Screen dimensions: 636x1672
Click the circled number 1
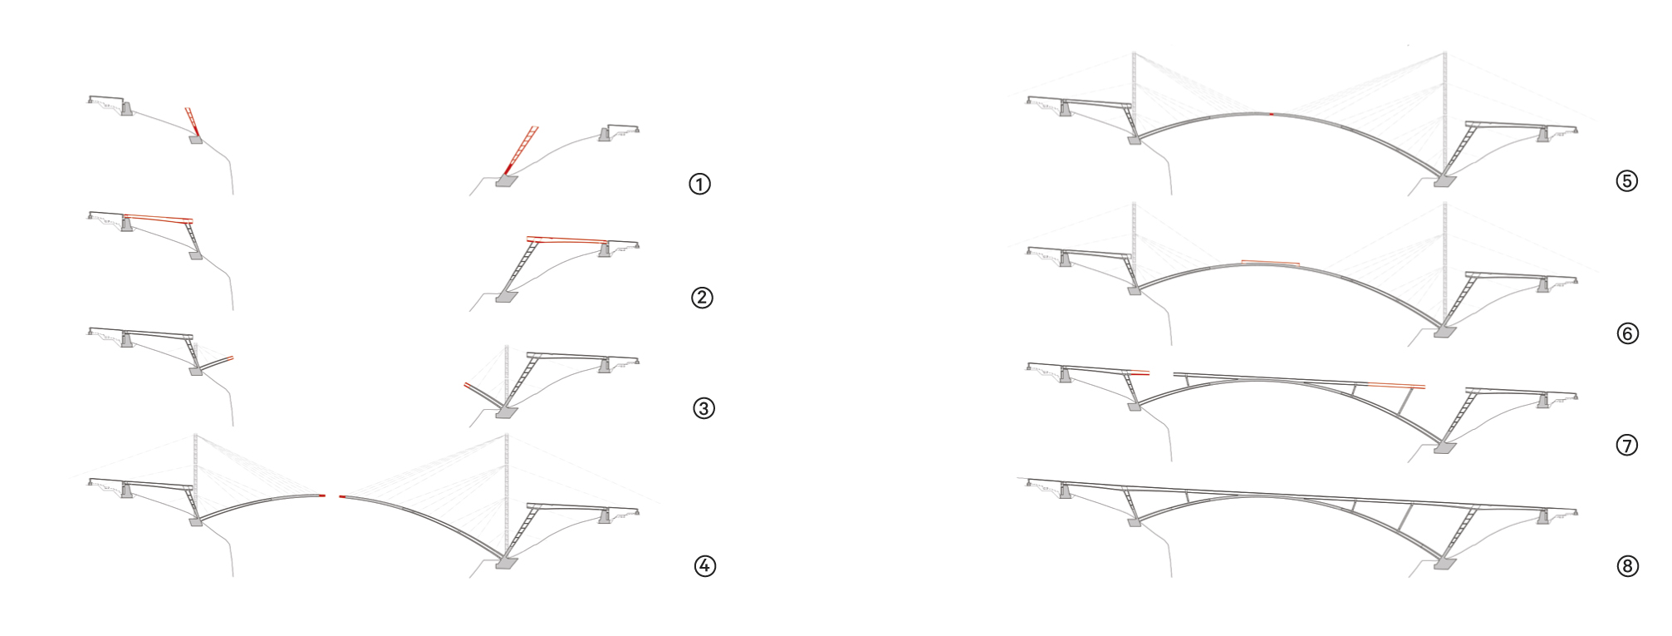pyautogui.click(x=699, y=184)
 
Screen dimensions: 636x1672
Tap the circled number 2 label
pyautogui.click(x=702, y=297)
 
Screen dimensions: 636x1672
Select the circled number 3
pyautogui.click(x=704, y=408)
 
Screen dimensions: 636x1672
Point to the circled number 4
pyautogui.click(x=704, y=566)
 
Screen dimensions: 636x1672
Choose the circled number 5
pyautogui.click(x=1626, y=180)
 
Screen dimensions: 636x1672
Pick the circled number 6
pyautogui.click(x=1627, y=333)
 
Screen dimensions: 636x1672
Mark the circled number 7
pyautogui.click(x=1626, y=446)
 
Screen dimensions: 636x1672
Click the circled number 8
pyautogui.click(x=1627, y=566)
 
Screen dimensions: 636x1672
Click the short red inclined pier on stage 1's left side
pyautogui.click(x=192, y=121)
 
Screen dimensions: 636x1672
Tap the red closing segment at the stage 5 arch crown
pyautogui.click(x=1272, y=113)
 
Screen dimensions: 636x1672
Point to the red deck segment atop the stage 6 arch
pyautogui.click(x=1270, y=263)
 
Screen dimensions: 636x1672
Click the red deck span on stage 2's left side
pyautogui.click(x=159, y=218)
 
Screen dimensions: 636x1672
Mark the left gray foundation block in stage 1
pyautogui.click(x=195, y=140)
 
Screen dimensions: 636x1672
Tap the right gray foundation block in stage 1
pyautogui.click(x=506, y=180)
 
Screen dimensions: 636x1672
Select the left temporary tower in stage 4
pyautogui.click(x=195, y=466)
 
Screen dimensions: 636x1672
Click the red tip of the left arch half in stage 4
pyautogui.click(x=322, y=496)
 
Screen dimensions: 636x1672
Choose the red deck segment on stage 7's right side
pyautogui.click(x=1397, y=386)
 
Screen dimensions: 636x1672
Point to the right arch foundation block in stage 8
pyautogui.click(x=1445, y=564)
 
